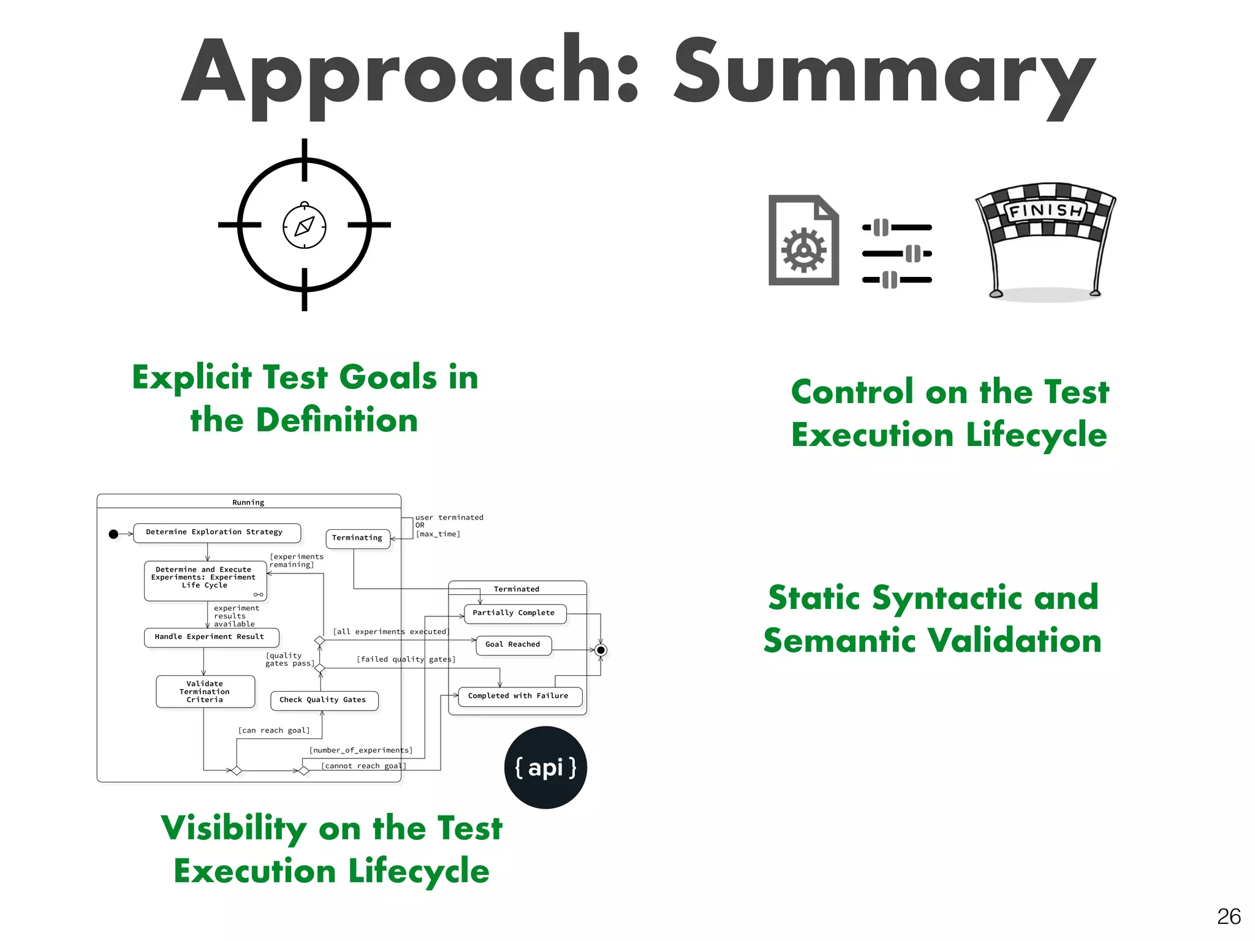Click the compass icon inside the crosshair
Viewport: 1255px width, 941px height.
[305, 226]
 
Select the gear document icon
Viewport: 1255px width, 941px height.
[803, 241]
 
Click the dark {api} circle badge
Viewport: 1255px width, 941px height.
[545, 768]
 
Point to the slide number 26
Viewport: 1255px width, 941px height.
[1229, 916]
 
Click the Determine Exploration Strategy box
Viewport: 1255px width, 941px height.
[216, 532]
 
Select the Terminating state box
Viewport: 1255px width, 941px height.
[357, 539]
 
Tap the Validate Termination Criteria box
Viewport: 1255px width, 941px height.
[205, 692]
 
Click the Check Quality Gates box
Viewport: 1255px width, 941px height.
[324, 700]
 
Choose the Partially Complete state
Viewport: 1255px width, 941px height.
[514, 613]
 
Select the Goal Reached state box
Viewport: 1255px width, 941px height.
[513, 645]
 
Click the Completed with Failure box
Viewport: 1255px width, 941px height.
[519, 697]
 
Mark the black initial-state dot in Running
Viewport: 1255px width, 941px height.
[113, 534]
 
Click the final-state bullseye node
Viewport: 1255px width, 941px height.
[601, 650]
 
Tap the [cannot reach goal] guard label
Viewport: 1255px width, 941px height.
[363, 766]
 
